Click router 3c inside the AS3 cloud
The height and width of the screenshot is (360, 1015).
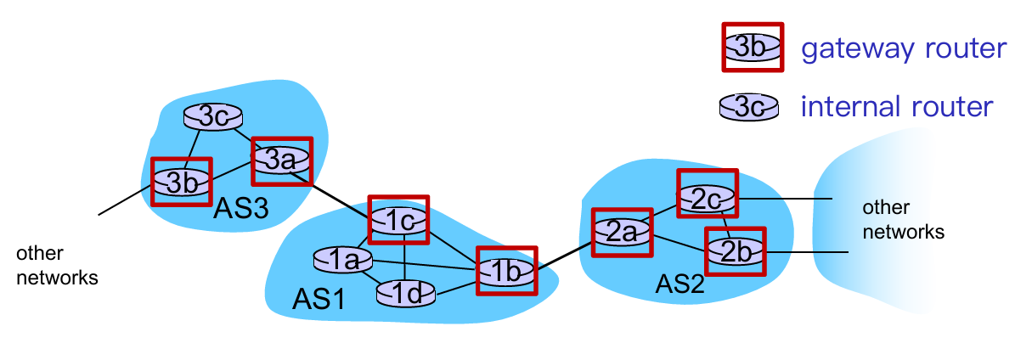213,117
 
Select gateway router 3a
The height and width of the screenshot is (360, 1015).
281,160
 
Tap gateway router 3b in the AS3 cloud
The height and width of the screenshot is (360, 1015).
180,181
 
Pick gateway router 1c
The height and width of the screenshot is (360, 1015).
398,219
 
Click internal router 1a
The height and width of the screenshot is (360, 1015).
343,260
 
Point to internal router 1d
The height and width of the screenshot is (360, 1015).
406,292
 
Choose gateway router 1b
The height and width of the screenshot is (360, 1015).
506,271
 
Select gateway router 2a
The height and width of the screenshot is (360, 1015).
622,232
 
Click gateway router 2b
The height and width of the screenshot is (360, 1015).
736,250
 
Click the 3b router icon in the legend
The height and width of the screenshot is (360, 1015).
752,48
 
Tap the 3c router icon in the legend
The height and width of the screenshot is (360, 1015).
749,107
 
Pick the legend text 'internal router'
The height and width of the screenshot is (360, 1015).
897,107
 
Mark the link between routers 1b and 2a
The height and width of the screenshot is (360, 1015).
564,256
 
